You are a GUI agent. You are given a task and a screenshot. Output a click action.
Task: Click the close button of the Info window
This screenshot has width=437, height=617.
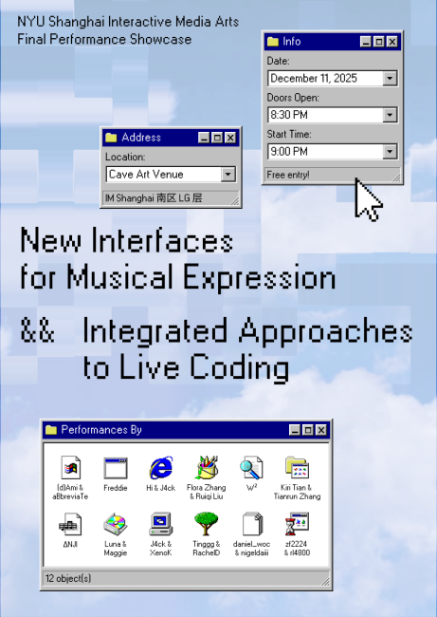(x=392, y=42)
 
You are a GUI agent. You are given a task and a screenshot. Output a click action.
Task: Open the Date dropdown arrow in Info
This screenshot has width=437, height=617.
(x=389, y=78)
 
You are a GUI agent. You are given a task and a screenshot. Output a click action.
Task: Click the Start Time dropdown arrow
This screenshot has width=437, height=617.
(x=389, y=152)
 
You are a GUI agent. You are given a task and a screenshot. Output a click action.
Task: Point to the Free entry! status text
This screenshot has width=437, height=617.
(x=288, y=175)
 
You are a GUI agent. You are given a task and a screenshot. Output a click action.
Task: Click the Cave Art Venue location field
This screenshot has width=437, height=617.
(x=162, y=175)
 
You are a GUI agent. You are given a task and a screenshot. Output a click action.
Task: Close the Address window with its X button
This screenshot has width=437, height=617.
(x=229, y=138)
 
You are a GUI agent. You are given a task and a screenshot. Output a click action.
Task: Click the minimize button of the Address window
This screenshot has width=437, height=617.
(x=204, y=138)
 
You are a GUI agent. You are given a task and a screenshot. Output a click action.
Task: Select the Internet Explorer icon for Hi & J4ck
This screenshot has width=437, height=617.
(x=161, y=468)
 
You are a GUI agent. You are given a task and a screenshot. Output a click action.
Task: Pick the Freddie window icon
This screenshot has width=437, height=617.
(x=116, y=468)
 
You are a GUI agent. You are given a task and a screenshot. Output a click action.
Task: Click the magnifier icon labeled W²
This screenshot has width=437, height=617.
(x=251, y=468)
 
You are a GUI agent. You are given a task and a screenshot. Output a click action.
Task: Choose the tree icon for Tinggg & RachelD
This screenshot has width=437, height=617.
(x=206, y=523)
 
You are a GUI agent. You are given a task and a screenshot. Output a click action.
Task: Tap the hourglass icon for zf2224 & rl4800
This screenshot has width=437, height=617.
(x=297, y=523)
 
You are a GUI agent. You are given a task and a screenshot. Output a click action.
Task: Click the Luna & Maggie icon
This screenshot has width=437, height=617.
(x=116, y=523)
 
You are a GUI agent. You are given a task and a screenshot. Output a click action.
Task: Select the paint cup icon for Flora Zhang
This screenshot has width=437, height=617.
(x=207, y=468)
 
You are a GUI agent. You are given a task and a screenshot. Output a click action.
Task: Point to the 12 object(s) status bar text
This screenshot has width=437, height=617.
(x=68, y=577)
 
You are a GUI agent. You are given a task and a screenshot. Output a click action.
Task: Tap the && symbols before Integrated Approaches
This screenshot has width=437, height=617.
(x=38, y=332)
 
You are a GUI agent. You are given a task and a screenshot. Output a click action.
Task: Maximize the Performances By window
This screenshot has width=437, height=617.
(x=309, y=430)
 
